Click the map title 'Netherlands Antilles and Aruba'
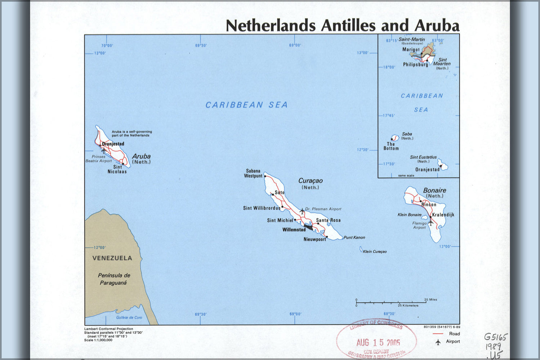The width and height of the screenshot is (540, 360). [x=342, y=26]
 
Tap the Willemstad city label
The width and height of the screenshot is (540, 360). [x=294, y=230]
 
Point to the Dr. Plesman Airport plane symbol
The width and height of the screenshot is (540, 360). [x=302, y=211]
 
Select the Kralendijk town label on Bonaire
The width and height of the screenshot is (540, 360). [x=443, y=215]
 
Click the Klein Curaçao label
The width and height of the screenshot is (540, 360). [x=375, y=252]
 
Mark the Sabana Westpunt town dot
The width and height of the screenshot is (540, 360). [x=265, y=176]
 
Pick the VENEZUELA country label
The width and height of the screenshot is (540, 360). [x=112, y=258]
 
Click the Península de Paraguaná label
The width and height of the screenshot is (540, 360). [x=114, y=279]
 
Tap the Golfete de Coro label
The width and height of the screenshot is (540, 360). [x=129, y=318]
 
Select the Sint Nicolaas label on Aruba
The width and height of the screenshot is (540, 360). [x=117, y=169]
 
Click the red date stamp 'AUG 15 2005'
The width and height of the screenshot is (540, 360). [x=378, y=342]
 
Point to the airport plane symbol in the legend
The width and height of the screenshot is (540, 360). [x=438, y=342]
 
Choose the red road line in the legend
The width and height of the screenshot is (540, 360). [x=437, y=334]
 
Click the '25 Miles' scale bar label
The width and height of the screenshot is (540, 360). [x=430, y=300]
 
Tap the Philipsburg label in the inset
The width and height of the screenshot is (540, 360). [x=415, y=65]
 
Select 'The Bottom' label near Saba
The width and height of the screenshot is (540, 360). [x=391, y=146]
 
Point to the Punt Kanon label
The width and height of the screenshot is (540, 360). [x=354, y=238]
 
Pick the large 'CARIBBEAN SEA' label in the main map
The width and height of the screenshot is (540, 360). [x=246, y=105]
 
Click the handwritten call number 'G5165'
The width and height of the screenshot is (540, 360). [x=495, y=337]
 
